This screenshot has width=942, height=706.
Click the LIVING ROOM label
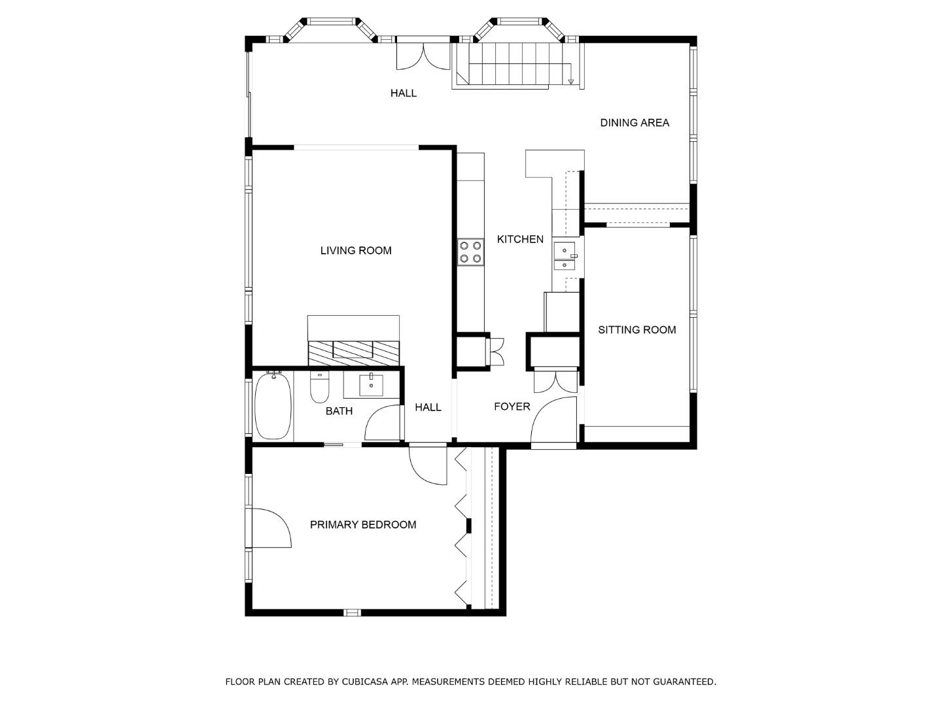click(356, 250)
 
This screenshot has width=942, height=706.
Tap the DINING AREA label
click(635, 122)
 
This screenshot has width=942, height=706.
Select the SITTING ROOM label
click(637, 329)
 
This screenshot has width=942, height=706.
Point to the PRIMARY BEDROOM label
click(363, 524)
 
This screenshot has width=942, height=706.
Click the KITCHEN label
click(520, 239)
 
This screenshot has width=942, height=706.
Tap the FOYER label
click(512, 407)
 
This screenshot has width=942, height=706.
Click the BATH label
click(339, 411)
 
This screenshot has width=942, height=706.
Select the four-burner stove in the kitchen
click(470, 252)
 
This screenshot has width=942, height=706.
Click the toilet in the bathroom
click(319, 388)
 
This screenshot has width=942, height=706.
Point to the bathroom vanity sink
click(372, 385)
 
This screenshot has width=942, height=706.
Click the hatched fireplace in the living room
click(353, 352)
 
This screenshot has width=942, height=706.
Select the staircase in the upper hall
click(510, 64)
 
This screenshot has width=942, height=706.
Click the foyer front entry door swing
click(552, 422)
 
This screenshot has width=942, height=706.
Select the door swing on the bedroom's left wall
click(270, 528)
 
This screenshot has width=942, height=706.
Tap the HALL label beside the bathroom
click(428, 407)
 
